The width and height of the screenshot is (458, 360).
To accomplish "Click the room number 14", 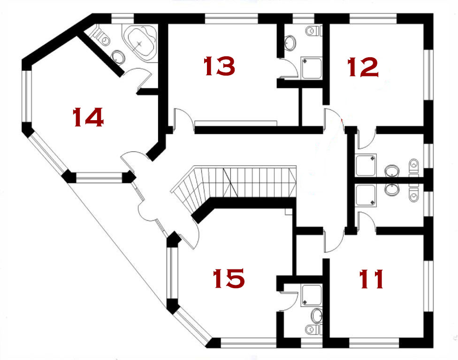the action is click(x=88, y=117).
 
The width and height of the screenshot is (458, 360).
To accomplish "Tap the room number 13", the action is click(x=219, y=66).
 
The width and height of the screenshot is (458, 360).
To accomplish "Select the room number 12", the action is click(x=363, y=67).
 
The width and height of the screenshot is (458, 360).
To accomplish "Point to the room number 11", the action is click(x=371, y=279).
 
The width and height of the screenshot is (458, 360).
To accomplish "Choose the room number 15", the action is click(x=229, y=278).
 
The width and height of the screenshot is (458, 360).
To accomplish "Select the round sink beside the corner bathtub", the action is click(x=119, y=57).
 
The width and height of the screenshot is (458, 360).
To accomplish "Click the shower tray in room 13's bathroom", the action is click(x=312, y=68).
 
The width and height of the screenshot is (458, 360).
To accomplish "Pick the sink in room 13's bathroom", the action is click(x=290, y=43).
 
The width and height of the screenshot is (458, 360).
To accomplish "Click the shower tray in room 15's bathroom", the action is click(x=312, y=295).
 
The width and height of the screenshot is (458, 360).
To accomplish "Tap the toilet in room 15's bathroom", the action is click(x=313, y=329).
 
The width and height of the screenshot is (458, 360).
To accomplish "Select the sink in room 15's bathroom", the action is click(x=317, y=315).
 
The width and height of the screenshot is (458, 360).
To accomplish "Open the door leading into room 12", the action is click(x=334, y=120).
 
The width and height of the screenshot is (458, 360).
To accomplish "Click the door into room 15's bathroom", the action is click(x=288, y=300).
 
